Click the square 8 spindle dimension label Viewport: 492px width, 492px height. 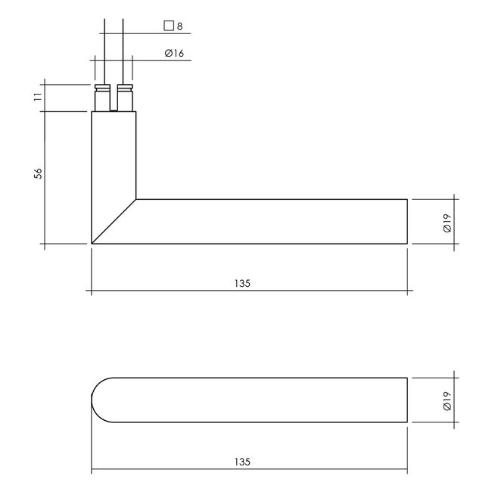coord(174,26)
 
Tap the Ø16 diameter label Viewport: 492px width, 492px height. coord(174,54)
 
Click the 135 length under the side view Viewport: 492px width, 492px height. coord(242,284)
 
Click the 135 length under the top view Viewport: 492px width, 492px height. coord(242,461)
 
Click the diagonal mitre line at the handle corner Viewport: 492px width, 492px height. coord(114,221)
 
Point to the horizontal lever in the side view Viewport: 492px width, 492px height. coord(272,221)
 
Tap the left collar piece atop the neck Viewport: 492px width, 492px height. coord(101,98)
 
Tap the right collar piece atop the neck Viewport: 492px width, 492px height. coord(126,98)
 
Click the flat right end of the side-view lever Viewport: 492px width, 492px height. coord(408,221)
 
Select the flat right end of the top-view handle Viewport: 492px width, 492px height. coord(408,400)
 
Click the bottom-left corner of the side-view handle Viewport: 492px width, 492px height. coord(92,243)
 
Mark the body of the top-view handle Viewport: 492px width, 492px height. coord(257,400)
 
